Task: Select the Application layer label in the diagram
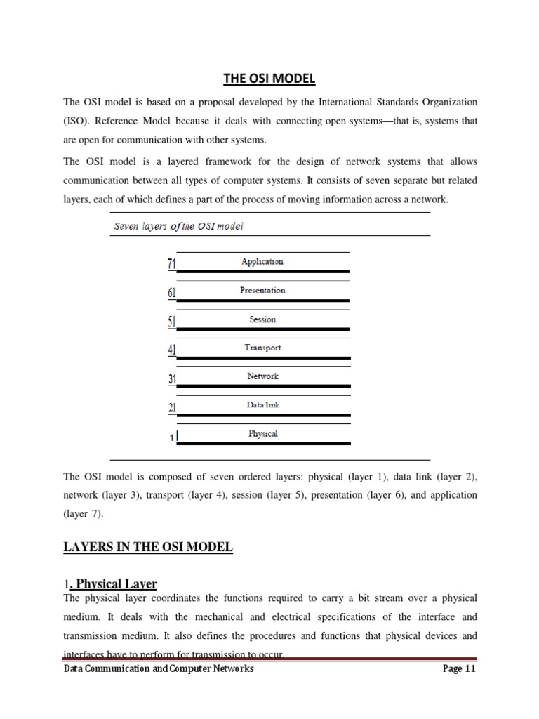(262, 261)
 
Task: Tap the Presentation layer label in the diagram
(262, 290)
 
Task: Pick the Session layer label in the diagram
(262, 319)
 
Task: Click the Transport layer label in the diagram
(262, 348)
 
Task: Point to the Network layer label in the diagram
(262, 376)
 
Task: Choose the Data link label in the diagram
(262, 405)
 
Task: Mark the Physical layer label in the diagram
(262, 434)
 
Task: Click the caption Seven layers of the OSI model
(178, 226)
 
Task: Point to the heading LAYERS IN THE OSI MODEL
(147, 547)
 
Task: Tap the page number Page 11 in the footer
(459, 669)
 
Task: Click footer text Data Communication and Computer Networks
(159, 669)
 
